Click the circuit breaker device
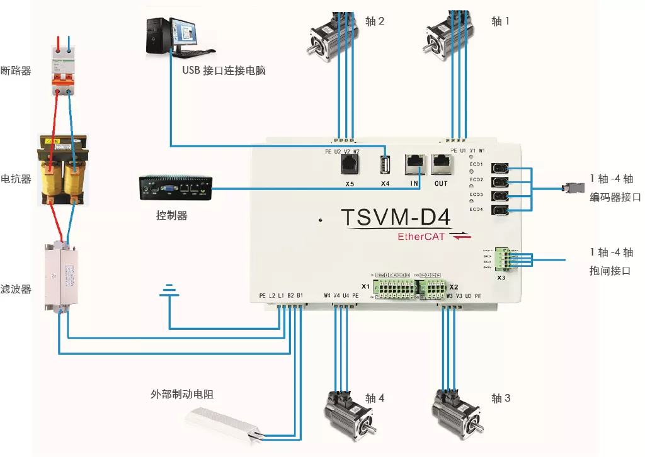point(62,70)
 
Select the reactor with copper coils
point(62,168)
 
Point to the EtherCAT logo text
point(420,237)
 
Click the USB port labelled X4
point(385,166)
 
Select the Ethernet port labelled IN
point(413,164)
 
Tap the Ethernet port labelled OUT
point(441,164)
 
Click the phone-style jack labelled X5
point(350,165)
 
